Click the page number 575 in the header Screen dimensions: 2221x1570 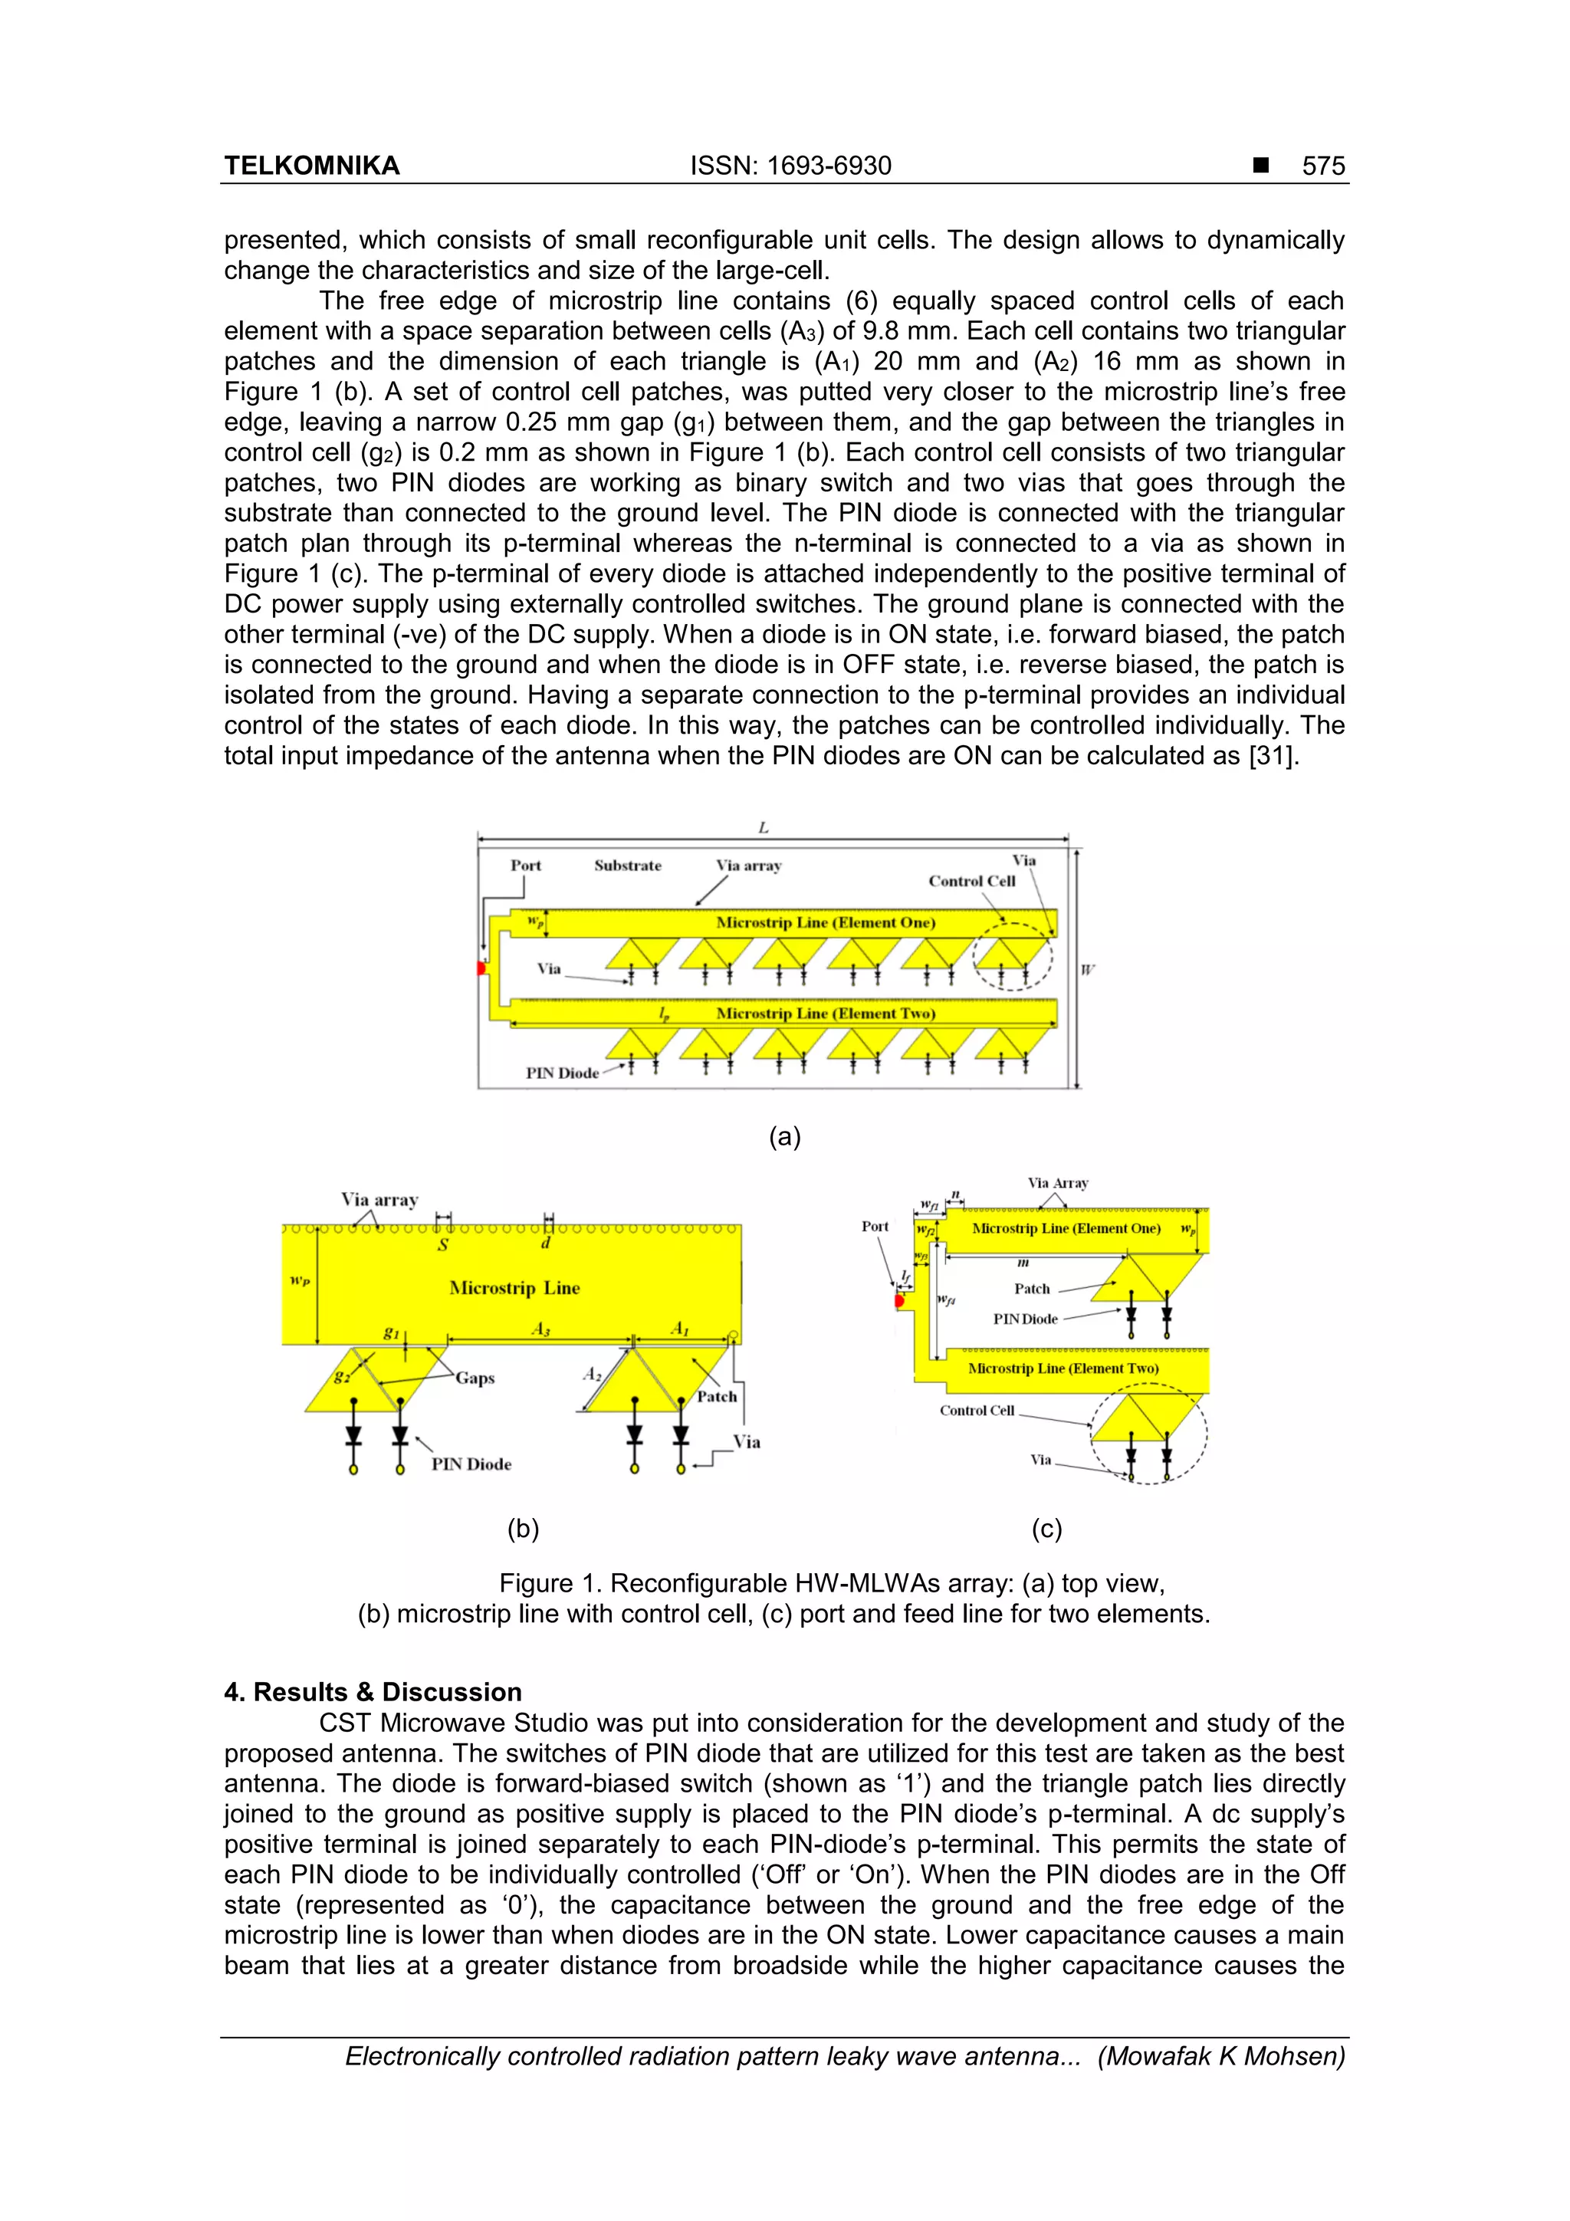tap(1322, 166)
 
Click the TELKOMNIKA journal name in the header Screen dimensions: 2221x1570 tap(311, 166)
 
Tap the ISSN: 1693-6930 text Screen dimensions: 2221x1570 tap(790, 166)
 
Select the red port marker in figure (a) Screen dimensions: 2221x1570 tap(481, 968)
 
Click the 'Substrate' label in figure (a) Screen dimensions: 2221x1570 tap(628, 865)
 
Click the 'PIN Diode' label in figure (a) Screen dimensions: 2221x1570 tap(562, 1072)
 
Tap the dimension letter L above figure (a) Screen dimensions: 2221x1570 tap(764, 827)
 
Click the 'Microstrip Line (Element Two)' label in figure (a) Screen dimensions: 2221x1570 tap(825, 1013)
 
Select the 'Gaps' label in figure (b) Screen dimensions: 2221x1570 tap(475, 1378)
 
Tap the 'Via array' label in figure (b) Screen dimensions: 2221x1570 tap(379, 1200)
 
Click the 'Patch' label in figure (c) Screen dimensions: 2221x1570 tap(1031, 1289)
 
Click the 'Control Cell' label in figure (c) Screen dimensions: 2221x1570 tap(977, 1411)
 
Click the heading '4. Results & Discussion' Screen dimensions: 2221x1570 tap(373, 1691)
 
